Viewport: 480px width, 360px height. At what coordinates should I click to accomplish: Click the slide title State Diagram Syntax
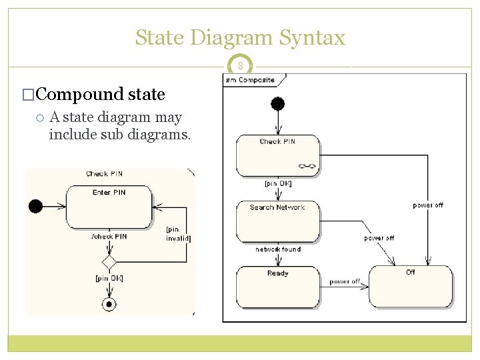[240, 37]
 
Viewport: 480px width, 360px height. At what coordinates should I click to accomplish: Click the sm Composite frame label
[250, 80]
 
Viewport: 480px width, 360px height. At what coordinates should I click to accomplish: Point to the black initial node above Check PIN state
[277, 103]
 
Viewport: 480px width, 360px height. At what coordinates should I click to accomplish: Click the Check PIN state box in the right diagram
[277, 155]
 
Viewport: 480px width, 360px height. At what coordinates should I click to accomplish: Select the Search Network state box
[277, 221]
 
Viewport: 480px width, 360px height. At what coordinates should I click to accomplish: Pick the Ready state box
[277, 287]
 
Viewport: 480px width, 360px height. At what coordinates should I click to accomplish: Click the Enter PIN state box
[109, 206]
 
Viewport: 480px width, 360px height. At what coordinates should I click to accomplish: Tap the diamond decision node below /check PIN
[109, 261]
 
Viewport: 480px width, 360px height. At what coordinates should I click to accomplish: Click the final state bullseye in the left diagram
[109, 304]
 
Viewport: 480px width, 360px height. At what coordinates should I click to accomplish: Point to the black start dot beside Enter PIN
[35, 206]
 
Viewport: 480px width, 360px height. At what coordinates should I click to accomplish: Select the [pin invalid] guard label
[177, 234]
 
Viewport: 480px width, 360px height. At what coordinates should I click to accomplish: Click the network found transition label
[278, 249]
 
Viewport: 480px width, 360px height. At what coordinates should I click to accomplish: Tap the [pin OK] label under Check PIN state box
[278, 183]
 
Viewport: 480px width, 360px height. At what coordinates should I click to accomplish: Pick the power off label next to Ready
[345, 282]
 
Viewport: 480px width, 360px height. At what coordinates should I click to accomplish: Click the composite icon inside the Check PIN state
[307, 167]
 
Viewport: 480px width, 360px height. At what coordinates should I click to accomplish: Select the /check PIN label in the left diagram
[109, 236]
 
